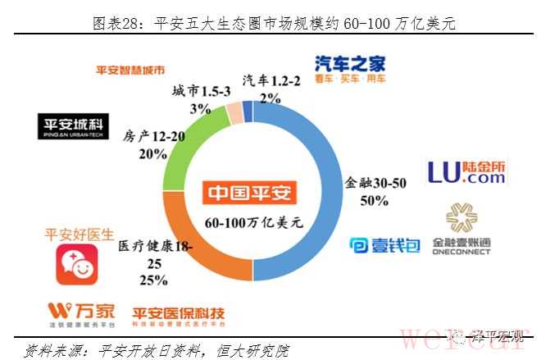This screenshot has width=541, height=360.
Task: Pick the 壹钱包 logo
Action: (384, 245)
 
